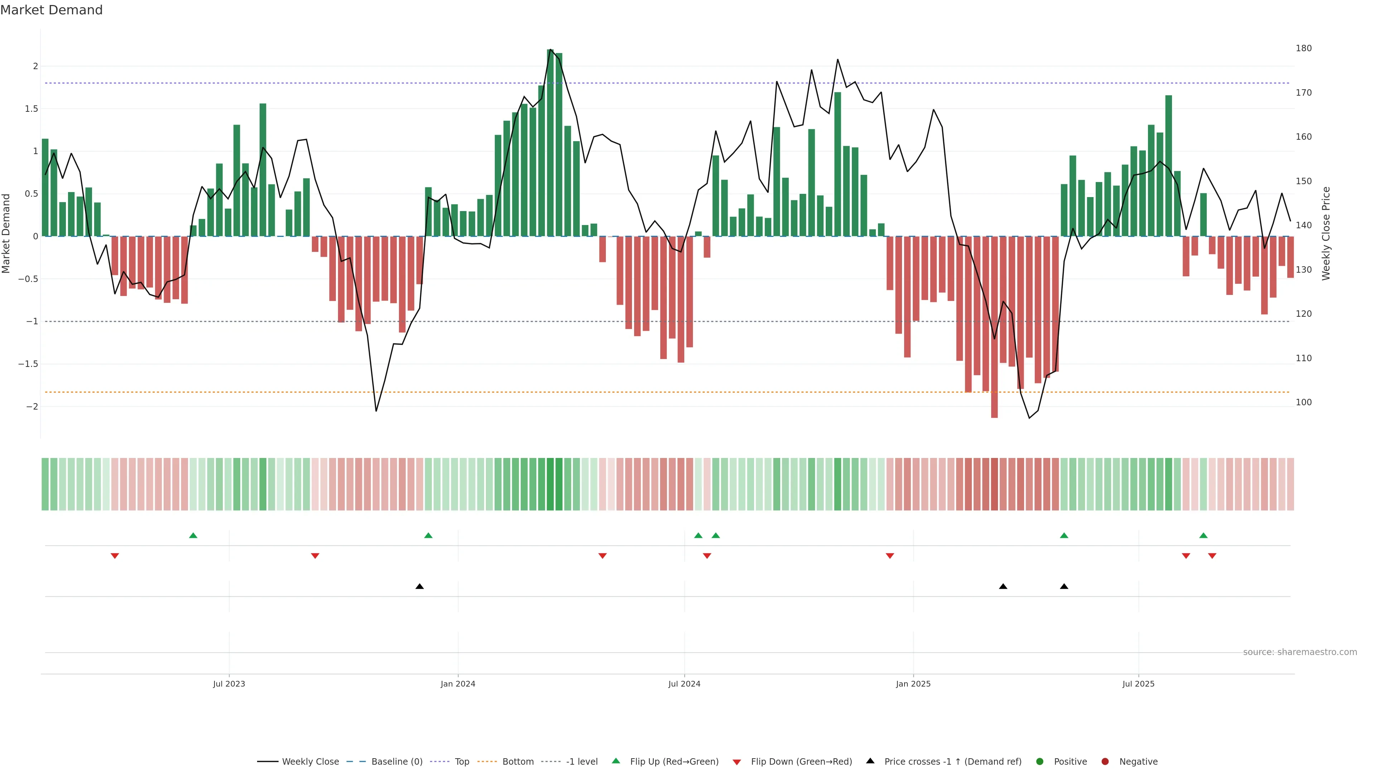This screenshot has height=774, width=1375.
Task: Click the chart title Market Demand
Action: [51, 10]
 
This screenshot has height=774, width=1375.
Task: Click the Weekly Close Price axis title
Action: [1326, 233]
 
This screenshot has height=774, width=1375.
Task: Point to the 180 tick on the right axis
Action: [1303, 48]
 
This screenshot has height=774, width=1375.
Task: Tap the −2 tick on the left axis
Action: [32, 406]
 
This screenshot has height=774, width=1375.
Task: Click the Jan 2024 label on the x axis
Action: [458, 684]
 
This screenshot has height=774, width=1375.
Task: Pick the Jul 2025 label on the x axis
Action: [1138, 684]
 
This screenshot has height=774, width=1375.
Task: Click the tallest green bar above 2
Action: [550, 143]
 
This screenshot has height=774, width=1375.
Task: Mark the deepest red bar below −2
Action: [994, 327]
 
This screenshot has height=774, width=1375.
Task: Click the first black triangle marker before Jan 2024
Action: [420, 587]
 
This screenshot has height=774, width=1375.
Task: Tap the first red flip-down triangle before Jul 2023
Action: [115, 556]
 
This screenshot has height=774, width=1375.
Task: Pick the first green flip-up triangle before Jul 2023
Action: [193, 535]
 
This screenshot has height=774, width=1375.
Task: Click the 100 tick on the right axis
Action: [1303, 402]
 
